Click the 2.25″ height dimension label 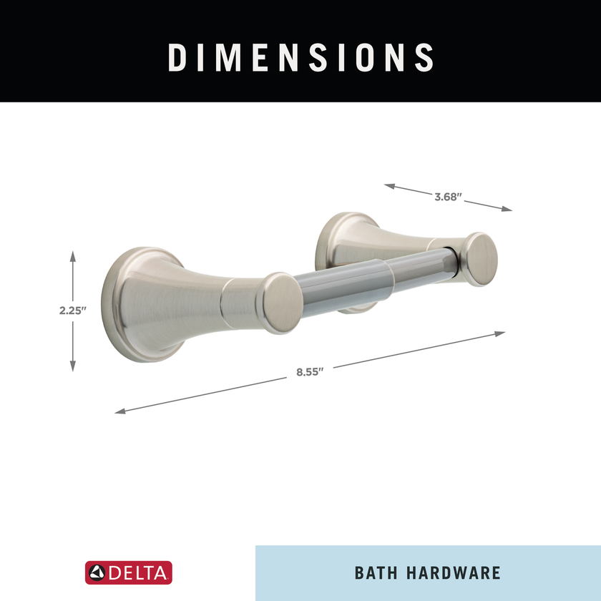(x=73, y=311)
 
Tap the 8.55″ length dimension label (x=310, y=372)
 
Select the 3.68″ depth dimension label (x=448, y=197)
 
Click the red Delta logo (x=128, y=572)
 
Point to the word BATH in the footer (x=376, y=573)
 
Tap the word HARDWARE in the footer (x=454, y=573)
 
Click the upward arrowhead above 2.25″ (x=73, y=256)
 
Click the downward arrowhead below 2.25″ (x=73, y=366)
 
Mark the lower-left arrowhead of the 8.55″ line (x=120, y=411)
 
